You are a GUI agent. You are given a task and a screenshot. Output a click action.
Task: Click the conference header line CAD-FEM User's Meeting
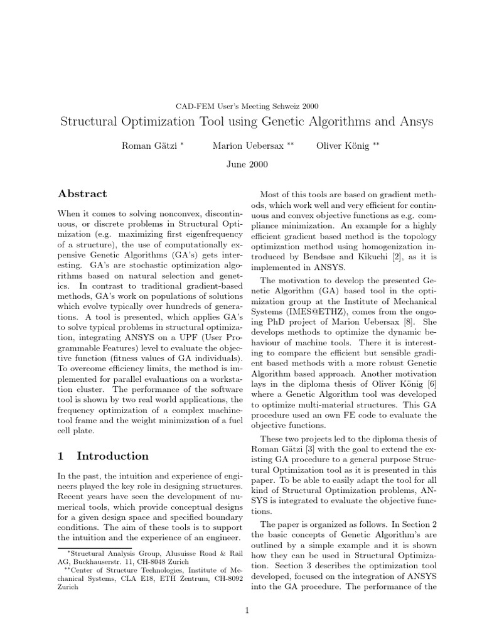[x=241, y=105]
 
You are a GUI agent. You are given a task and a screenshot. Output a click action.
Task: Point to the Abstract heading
[x=82, y=194]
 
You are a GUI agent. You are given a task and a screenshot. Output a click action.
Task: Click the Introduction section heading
[x=112, y=456]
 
